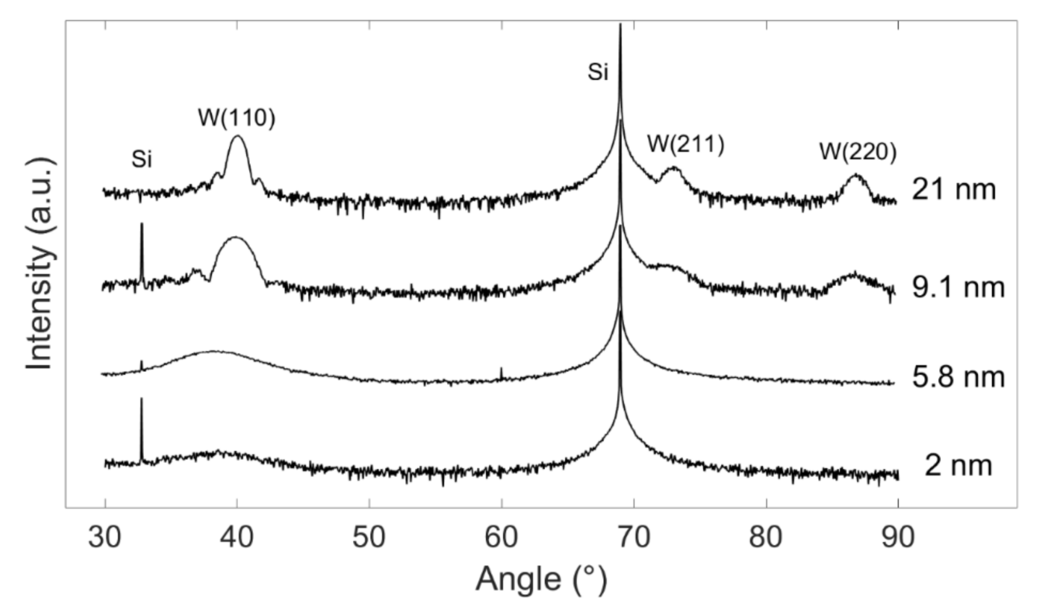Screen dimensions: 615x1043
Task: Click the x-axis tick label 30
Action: point(105,537)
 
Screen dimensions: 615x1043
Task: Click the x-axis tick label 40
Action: point(237,537)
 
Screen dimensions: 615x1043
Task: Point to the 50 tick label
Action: point(369,537)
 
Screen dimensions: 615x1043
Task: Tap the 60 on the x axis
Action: point(501,537)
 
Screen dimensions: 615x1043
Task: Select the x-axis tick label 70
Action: point(634,537)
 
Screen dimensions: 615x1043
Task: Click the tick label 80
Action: point(766,537)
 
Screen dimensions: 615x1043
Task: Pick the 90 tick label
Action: point(898,537)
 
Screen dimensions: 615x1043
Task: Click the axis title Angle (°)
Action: point(541,580)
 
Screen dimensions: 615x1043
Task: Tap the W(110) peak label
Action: point(237,118)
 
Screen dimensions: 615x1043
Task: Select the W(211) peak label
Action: point(686,144)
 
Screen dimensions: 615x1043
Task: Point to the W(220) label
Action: point(858,152)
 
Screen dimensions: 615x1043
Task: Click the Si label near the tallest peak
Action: point(598,73)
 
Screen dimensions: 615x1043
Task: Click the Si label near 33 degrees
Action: point(142,160)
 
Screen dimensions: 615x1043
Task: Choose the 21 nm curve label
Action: point(954,190)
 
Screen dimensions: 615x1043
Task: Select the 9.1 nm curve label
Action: point(958,287)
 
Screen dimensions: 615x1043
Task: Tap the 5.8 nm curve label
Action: point(958,377)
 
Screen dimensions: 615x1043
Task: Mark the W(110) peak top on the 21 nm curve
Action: point(238,137)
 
